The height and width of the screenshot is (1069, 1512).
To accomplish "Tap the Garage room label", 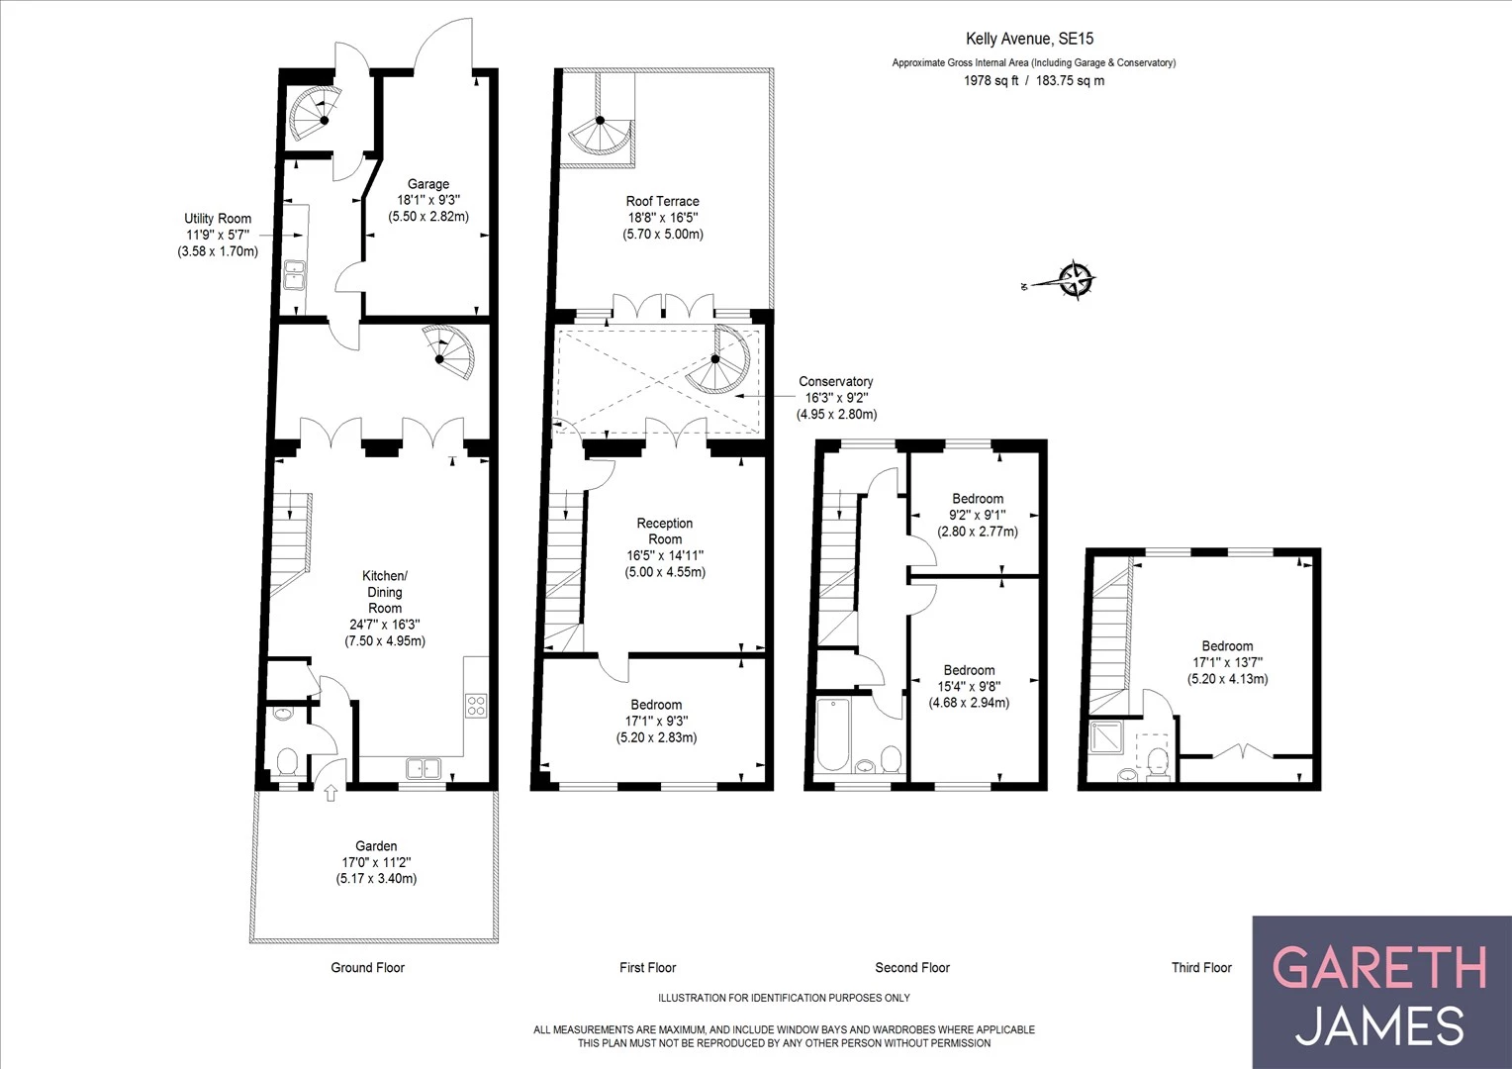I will point(428,184).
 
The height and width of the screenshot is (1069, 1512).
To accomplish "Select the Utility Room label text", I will point(218,219).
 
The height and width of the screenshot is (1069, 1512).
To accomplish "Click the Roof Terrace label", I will point(662,201).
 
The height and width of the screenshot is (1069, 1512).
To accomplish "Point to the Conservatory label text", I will point(836,381).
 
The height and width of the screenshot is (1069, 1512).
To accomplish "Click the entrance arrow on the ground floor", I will point(331,792).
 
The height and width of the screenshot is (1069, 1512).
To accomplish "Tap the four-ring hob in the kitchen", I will point(476,705).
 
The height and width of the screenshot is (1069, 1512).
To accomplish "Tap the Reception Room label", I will point(665,531).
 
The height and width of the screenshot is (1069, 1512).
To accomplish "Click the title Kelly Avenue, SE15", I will point(1030,39).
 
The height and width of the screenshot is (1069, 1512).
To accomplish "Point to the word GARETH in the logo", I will point(1379,967).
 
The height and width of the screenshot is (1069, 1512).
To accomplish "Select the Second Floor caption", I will point(912,967).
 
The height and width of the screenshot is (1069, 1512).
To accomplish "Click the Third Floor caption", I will point(1201,967).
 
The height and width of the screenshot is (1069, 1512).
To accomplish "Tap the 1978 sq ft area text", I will point(991,81).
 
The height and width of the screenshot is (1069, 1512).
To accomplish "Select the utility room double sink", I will point(295,273).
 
